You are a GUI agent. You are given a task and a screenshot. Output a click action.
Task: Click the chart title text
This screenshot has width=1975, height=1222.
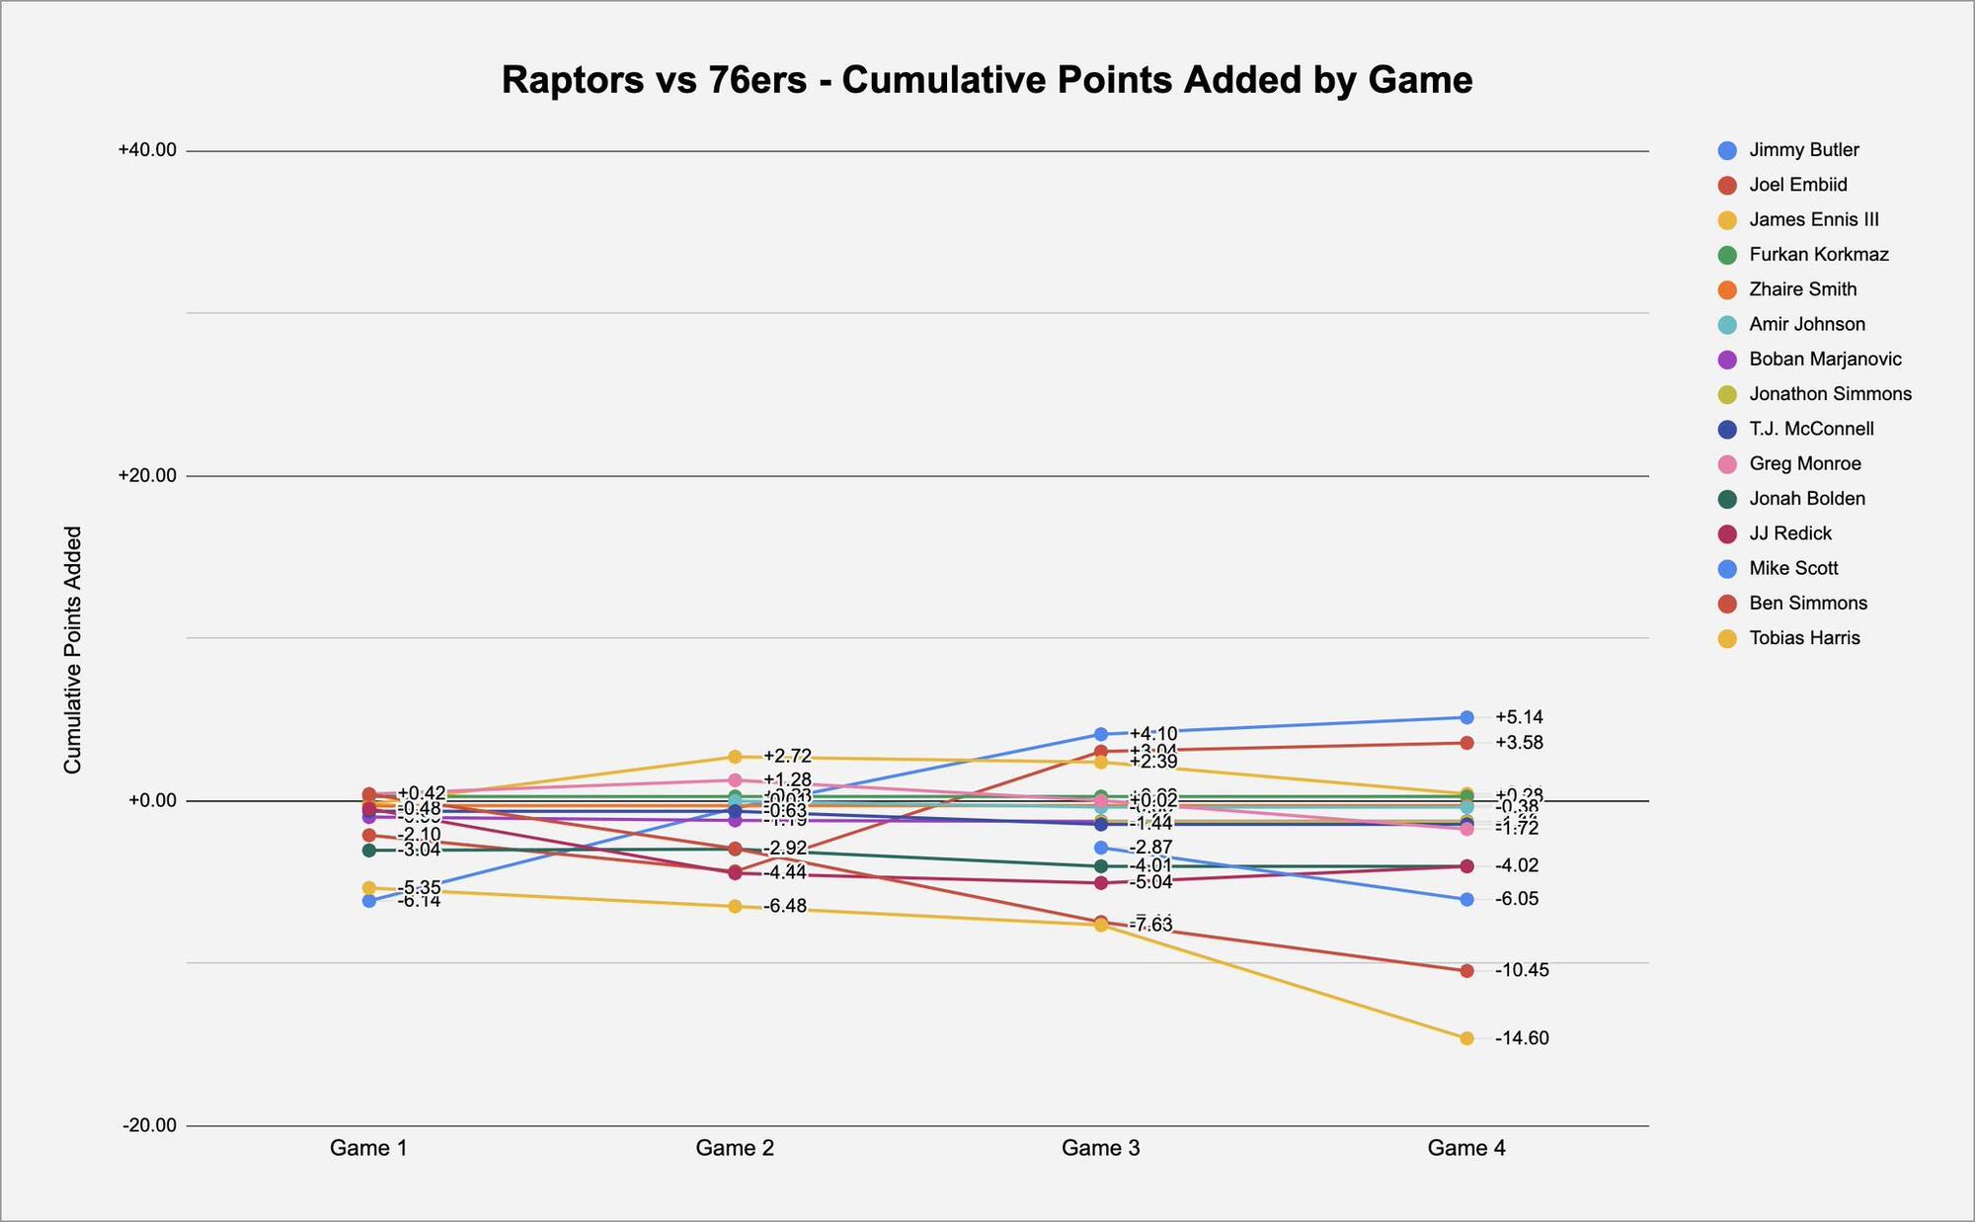[x=987, y=80]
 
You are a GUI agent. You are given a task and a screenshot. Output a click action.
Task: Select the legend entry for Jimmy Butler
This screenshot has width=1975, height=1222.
[x=1803, y=150]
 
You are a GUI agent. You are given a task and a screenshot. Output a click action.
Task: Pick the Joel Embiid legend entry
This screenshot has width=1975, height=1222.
[x=1797, y=185]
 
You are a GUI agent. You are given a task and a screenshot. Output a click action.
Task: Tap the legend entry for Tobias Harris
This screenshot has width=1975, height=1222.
[x=1804, y=638]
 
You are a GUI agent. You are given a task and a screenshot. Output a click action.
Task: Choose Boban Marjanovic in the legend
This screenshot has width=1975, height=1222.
[x=1825, y=360]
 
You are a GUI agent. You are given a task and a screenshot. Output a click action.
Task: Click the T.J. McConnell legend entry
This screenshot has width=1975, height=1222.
[x=1811, y=429]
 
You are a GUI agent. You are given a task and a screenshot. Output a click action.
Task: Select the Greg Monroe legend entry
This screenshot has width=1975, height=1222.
[x=1804, y=464]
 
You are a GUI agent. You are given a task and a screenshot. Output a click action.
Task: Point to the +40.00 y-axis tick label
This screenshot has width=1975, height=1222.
[x=147, y=150]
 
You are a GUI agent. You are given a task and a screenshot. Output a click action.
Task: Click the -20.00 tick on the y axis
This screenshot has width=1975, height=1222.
[x=149, y=1125]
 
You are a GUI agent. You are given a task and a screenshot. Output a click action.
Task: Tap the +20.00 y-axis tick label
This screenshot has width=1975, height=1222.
[x=147, y=475]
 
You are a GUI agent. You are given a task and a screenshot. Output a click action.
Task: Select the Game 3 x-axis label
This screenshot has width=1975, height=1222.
[x=1100, y=1148]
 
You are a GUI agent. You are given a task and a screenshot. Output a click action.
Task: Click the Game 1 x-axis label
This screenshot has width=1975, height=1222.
[x=368, y=1148]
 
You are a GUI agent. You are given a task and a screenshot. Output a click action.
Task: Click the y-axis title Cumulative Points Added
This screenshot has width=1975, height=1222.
[x=73, y=650]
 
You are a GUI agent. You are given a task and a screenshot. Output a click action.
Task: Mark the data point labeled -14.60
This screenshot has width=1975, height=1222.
[x=1466, y=1038]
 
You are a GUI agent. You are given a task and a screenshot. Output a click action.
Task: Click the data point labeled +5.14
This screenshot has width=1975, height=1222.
[x=1466, y=717]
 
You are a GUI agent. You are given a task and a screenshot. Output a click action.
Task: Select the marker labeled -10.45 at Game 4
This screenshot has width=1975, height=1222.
[x=1466, y=971]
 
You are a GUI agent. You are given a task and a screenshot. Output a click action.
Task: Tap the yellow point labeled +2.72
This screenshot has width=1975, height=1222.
[x=735, y=757]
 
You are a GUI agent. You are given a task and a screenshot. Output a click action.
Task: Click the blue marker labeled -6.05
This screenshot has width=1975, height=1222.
[x=1466, y=899]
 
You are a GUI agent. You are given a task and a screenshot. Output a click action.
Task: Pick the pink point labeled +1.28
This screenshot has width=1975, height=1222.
[x=735, y=780]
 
